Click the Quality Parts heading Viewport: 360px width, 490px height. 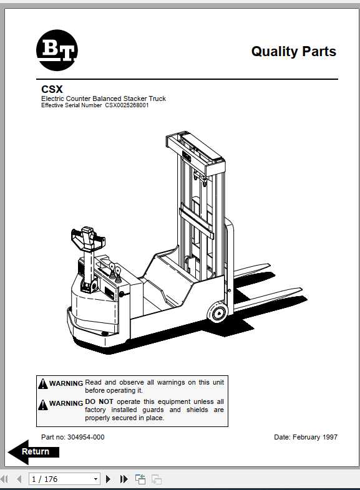(x=293, y=52)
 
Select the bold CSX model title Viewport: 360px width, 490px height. (x=52, y=89)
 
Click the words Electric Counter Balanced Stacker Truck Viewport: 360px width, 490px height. (x=104, y=98)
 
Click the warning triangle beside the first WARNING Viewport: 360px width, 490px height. (x=42, y=384)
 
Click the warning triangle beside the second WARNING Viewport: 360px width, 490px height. (x=42, y=405)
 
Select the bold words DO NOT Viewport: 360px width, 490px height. (x=99, y=402)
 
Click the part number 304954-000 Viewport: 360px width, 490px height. (x=81, y=437)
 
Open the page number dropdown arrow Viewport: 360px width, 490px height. (x=95, y=479)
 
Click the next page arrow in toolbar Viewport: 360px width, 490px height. (x=109, y=479)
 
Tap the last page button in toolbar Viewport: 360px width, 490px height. (x=124, y=479)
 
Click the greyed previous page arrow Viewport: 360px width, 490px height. (x=19, y=479)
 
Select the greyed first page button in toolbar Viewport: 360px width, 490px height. (x=5, y=479)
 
